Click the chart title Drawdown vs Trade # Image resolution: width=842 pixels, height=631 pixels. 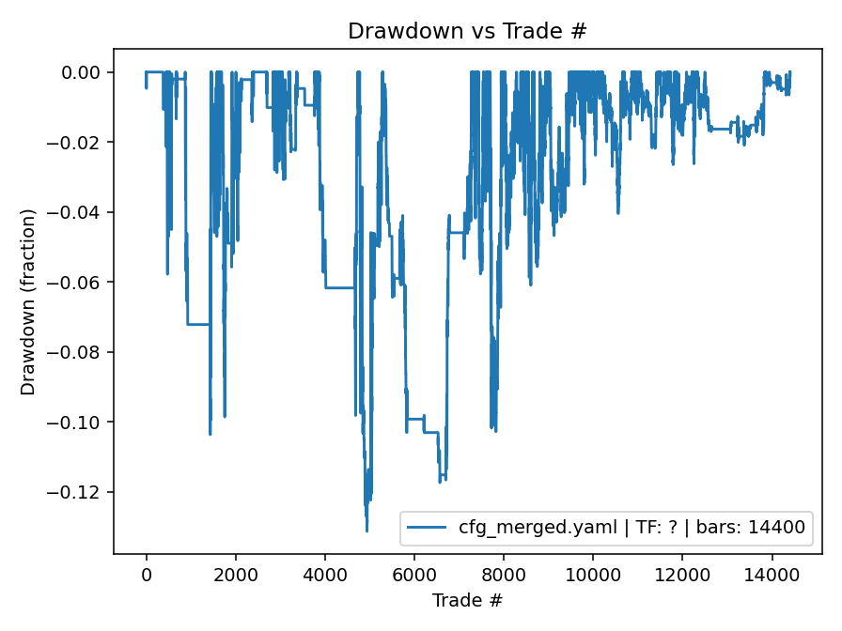pos(467,31)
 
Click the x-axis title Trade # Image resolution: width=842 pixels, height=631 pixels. pos(467,599)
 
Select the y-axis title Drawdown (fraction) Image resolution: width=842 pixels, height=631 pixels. pos(28,301)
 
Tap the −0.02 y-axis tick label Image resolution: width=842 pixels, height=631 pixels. pos(77,143)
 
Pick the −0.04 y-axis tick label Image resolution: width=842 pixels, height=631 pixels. pos(77,212)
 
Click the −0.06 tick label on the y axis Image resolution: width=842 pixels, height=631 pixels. pos(77,283)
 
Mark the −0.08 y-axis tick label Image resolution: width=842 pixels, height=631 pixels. pos(77,352)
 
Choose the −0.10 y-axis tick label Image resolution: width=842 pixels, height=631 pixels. pos(77,423)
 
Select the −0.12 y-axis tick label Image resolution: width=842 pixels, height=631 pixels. pos(77,492)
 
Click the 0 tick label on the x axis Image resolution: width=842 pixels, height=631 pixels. pos(146,573)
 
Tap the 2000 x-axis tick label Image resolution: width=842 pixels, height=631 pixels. pos(235,573)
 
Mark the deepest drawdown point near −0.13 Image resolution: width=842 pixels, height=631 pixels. pos(366,531)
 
